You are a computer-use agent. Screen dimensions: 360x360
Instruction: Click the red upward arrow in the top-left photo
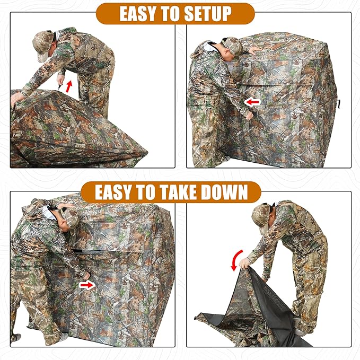[68, 86]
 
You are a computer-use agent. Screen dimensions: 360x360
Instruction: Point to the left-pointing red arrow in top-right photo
[253, 101]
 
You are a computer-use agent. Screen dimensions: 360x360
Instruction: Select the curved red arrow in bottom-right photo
[235, 260]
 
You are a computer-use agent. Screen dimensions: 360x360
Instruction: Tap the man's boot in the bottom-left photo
[16, 336]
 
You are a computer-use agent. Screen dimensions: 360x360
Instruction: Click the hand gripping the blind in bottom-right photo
[244, 263]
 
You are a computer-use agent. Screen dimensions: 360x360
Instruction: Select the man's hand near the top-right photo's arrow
[248, 115]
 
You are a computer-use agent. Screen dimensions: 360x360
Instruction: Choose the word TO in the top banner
[171, 14]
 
